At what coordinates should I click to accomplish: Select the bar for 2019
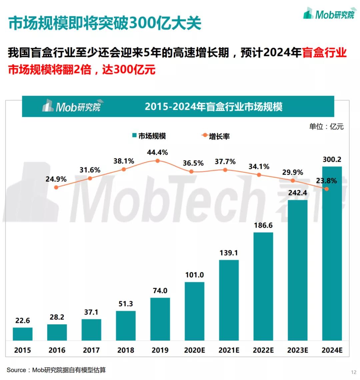pyautogui.click(x=160, y=319)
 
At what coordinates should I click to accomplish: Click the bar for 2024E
pyautogui.click(x=332, y=253)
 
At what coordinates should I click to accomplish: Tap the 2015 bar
pyautogui.click(x=23, y=334)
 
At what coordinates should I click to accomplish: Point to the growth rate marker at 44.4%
pyautogui.click(x=158, y=161)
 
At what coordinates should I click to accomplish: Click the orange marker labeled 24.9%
pyautogui.click(x=56, y=188)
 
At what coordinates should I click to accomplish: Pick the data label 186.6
pyautogui.click(x=263, y=225)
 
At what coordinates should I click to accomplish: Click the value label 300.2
pyautogui.click(x=332, y=160)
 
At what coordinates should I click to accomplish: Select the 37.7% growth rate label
pyautogui.click(x=225, y=162)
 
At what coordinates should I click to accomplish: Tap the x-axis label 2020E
pyautogui.click(x=195, y=350)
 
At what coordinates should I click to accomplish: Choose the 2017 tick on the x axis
pyautogui.click(x=91, y=350)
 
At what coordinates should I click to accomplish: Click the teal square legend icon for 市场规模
pyautogui.click(x=134, y=136)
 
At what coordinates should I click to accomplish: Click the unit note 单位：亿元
pyautogui.click(x=326, y=127)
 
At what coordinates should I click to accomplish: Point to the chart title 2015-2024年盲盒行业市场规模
pyautogui.click(x=213, y=107)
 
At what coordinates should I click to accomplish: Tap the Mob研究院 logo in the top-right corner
pyautogui.click(x=329, y=14)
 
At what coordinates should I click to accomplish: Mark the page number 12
pyautogui.click(x=354, y=372)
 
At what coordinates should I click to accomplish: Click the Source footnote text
pyautogui.click(x=56, y=370)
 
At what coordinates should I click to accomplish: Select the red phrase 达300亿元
pyautogui.click(x=129, y=70)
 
